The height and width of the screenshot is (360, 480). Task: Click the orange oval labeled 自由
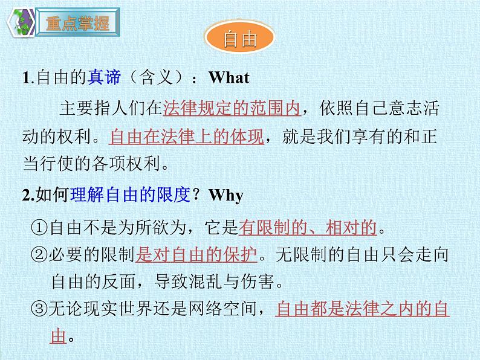[240, 40]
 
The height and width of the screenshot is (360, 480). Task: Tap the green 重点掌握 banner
[77, 24]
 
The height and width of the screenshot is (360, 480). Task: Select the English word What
[229, 78]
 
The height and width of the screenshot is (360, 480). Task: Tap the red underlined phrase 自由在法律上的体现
[187, 137]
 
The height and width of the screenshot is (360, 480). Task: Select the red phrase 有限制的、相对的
[308, 228]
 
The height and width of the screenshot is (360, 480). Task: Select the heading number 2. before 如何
[29, 196]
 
